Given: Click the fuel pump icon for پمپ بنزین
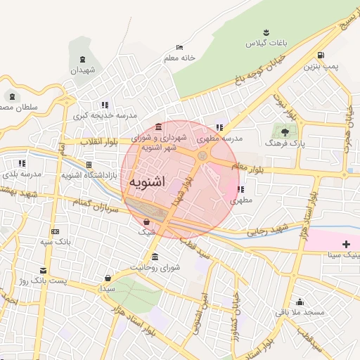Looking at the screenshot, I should point(321,56).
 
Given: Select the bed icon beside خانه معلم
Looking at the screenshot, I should point(180,47).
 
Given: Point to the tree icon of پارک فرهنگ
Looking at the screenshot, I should point(285,131).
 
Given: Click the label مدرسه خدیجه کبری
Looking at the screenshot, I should point(108,115).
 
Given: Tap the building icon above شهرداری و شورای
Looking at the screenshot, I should point(158,127).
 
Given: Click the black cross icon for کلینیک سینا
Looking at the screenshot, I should point(345,243).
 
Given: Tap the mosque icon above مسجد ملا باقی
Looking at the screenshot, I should point(300,301).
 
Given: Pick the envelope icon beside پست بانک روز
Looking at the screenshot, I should point(44,270).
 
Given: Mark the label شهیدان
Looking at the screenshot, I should point(82,71).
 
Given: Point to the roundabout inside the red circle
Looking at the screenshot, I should point(202,155).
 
